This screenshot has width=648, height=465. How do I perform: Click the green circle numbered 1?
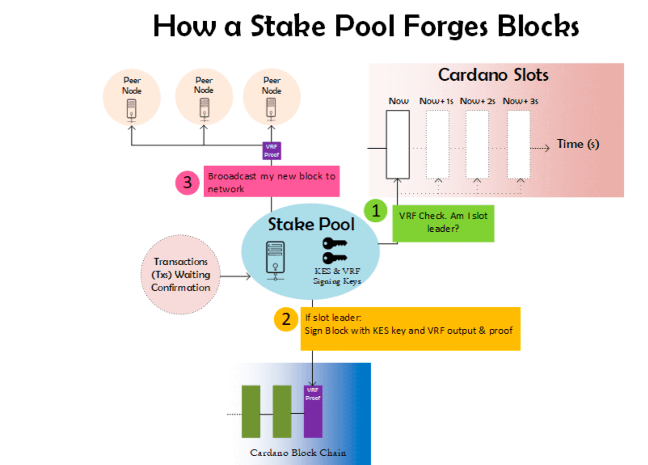[x=376, y=210]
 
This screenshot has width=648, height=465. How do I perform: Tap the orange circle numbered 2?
[x=286, y=319]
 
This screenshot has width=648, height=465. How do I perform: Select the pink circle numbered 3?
[x=187, y=183]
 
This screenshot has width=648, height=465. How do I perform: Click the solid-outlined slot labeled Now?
[x=398, y=144]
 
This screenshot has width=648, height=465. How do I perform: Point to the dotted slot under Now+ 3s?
[x=518, y=144]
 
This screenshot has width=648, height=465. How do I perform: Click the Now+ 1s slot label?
[x=436, y=101]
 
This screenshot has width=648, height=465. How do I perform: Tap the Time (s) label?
[x=578, y=144]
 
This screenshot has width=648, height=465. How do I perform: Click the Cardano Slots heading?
[x=493, y=75]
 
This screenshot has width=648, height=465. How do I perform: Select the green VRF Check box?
[x=443, y=223]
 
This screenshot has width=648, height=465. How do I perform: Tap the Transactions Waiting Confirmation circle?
[x=181, y=275]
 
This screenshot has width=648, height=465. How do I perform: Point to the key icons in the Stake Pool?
[x=334, y=251]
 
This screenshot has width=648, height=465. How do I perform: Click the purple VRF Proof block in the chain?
[x=313, y=411]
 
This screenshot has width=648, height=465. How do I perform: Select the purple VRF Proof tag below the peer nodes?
[x=272, y=151]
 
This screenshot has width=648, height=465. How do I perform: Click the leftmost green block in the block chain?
[x=251, y=411]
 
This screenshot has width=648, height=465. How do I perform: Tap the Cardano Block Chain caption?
[x=298, y=453]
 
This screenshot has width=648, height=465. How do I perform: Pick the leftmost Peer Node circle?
[x=132, y=97]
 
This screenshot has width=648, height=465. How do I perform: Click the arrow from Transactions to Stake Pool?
[x=235, y=277]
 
